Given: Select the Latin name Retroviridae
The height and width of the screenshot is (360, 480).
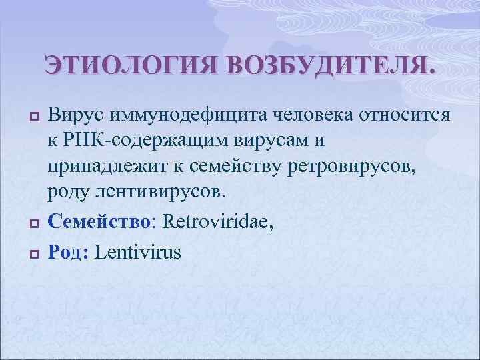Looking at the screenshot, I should pyautogui.click(x=217, y=217).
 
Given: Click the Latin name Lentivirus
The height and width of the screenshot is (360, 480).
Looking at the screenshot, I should pyautogui.click(x=138, y=252).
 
